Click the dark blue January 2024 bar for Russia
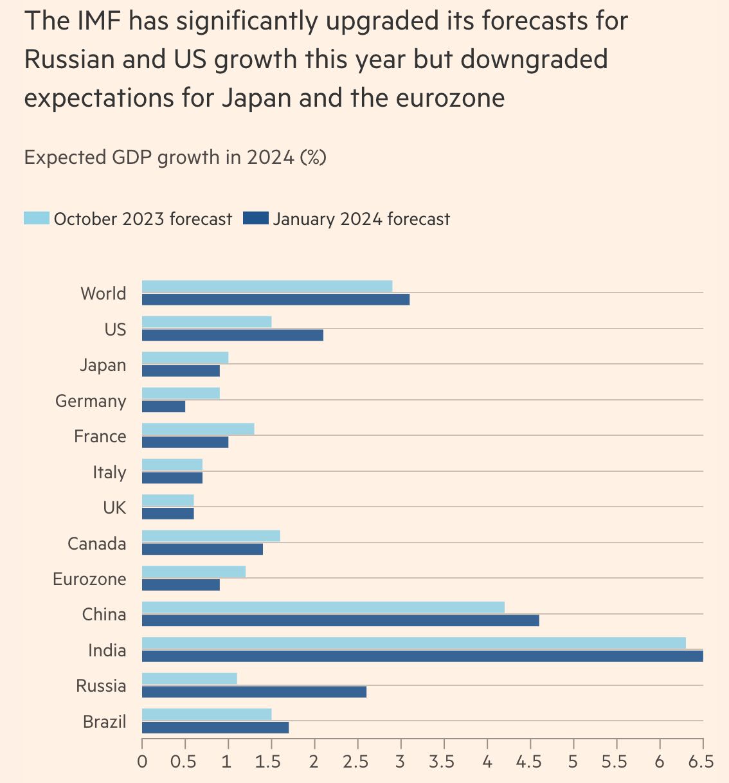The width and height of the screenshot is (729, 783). (x=254, y=692)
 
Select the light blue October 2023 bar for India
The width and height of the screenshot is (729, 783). (x=413, y=643)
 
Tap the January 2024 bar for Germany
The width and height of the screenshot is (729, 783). (x=163, y=406)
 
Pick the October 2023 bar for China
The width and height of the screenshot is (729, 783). (x=323, y=607)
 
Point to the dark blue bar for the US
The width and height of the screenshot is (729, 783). (x=232, y=335)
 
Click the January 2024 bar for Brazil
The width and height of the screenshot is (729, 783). (x=215, y=727)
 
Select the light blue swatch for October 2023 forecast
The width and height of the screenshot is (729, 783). (x=37, y=219)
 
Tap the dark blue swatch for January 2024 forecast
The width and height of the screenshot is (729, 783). (x=256, y=219)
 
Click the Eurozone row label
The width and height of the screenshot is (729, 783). (x=89, y=579)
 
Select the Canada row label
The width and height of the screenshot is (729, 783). (x=97, y=544)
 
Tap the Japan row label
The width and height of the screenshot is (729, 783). (x=103, y=365)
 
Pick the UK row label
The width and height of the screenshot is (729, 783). (x=114, y=508)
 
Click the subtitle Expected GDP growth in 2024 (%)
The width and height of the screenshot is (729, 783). (x=175, y=157)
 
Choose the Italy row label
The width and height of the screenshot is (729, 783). (x=109, y=473)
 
